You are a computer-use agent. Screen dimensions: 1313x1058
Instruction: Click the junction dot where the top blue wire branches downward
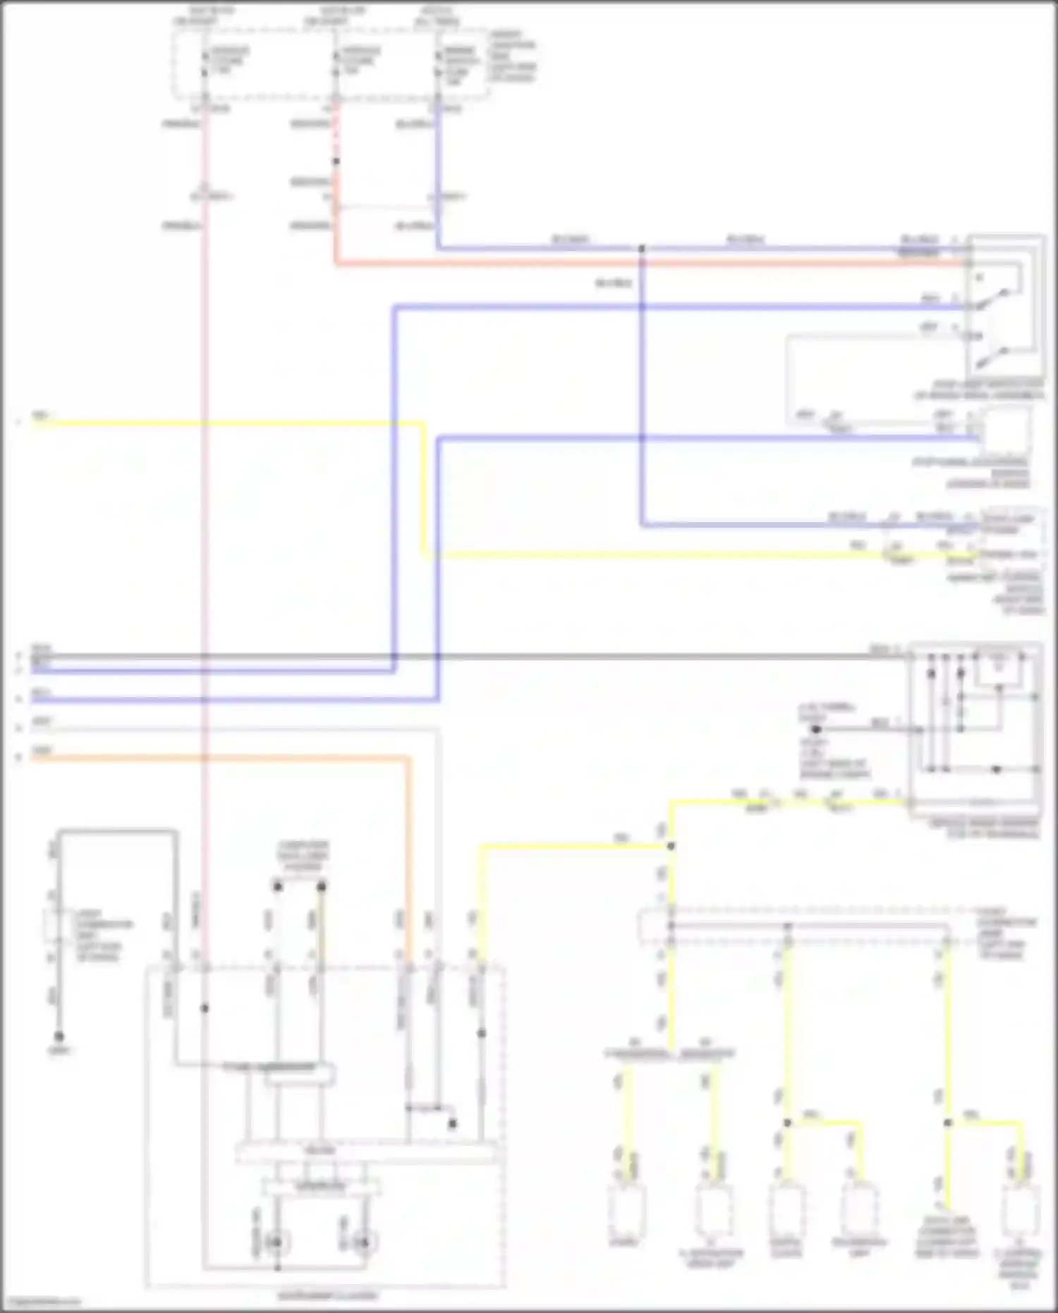coord(641,249)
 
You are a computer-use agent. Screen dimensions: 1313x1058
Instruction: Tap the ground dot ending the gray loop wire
coord(59,1036)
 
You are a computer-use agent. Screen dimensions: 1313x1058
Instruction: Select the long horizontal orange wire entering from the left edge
coord(212,758)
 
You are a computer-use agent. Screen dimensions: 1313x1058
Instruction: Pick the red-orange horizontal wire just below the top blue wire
coord(635,264)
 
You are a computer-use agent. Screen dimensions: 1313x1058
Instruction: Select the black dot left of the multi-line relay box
coord(816,729)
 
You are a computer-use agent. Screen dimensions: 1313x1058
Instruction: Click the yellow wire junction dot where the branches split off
coord(671,845)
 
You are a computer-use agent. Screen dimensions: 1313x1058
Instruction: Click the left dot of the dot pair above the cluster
coord(278,886)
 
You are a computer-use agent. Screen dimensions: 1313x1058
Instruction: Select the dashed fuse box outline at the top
coord(330,63)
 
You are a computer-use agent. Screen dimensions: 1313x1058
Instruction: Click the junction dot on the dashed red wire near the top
coord(336,162)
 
